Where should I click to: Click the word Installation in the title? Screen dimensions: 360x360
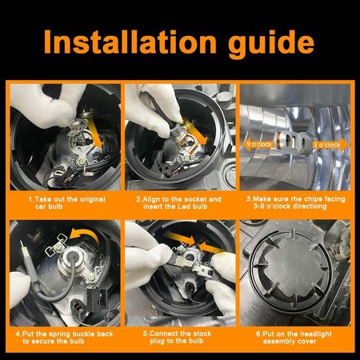click(130, 42)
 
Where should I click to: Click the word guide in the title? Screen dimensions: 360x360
click(271, 45)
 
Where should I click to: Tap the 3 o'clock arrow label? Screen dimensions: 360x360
click(330, 145)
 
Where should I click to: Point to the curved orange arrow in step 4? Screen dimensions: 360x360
click(84, 235)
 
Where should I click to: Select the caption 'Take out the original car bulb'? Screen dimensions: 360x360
click(67, 202)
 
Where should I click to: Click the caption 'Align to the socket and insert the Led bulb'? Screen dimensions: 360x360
click(178, 202)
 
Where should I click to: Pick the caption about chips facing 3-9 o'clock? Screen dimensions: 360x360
click(295, 202)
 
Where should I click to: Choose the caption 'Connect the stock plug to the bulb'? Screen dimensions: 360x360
click(177, 338)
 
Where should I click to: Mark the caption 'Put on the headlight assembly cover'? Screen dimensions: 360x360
click(294, 338)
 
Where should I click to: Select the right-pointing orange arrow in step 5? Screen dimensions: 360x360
click(180, 238)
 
